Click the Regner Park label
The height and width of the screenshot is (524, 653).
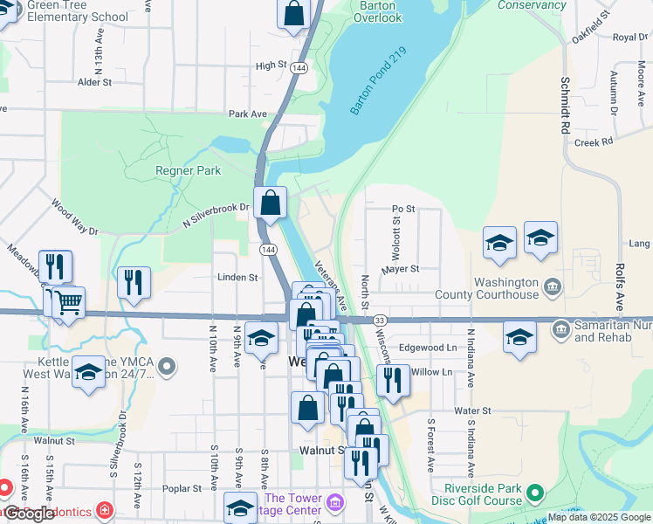click(x=188, y=171)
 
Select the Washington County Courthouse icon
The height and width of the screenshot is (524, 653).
click(x=553, y=286)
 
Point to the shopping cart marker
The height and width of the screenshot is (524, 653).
click(x=68, y=303)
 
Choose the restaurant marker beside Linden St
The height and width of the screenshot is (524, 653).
click(x=134, y=282)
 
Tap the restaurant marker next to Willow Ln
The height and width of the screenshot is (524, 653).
click(x=393, y=380)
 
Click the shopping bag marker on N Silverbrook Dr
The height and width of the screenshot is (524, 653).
click(x=271, y=203)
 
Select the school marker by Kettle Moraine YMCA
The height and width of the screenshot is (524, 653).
click(x=89, y=373)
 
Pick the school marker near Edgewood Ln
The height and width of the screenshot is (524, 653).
click(x=519, y=337)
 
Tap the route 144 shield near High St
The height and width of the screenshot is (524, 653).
click(x=299, y=67)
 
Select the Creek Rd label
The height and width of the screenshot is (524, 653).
click(x=595, y=141)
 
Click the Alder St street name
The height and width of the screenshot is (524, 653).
click(x=95, y=82)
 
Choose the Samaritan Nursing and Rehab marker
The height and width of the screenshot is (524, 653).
click(x=561, y=329)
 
